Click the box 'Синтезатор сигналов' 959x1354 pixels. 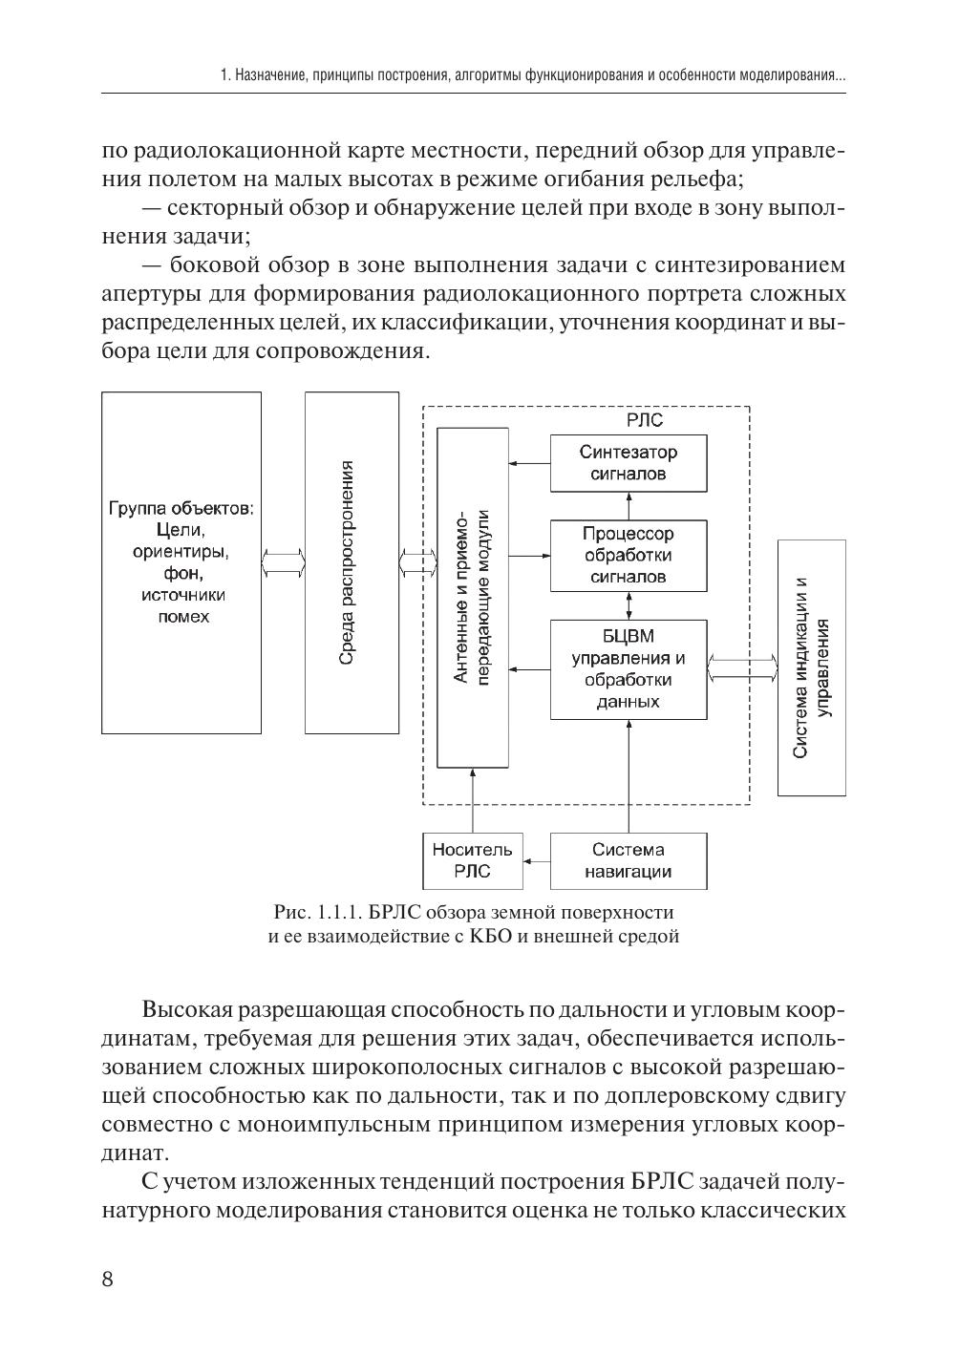coord(629,463)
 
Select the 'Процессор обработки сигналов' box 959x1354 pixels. coord(629,555)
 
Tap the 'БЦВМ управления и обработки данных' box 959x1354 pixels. coord(629,669)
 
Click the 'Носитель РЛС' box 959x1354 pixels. coord(472,860)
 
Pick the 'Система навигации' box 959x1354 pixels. coord(629,860)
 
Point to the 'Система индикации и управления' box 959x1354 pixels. coord(811,667)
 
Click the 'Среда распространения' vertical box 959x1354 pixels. coord(352,562)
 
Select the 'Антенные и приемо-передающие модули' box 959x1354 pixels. coord(472,599)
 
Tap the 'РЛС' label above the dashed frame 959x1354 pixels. coord(645,420)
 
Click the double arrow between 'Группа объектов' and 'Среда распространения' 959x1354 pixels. coord(283,561)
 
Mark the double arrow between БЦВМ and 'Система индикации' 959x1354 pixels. coord(743,669)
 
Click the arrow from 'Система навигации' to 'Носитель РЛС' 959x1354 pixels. coord(535,861)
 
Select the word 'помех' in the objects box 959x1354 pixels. coord(182,617)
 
